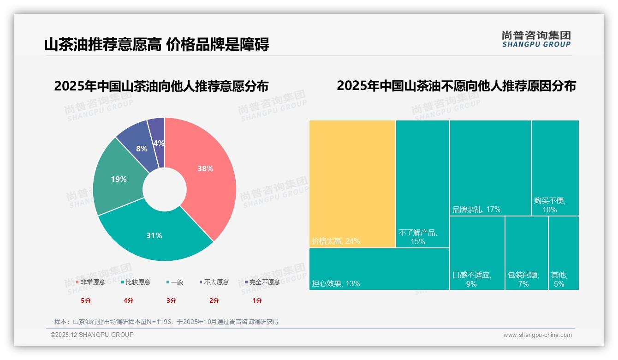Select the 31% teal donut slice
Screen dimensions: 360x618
[x=154, y=235]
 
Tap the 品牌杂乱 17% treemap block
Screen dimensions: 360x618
[x=490, y=168]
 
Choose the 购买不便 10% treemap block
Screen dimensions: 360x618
[x=555, y=168]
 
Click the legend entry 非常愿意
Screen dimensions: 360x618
[x=90, y=282]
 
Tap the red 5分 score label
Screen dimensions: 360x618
[x=86, y=300]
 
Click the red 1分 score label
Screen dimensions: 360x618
[x=257, y=300]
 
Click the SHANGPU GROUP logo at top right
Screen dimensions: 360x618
[x=536, y=39]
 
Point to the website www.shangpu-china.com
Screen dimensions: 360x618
[x=537, y=335]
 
